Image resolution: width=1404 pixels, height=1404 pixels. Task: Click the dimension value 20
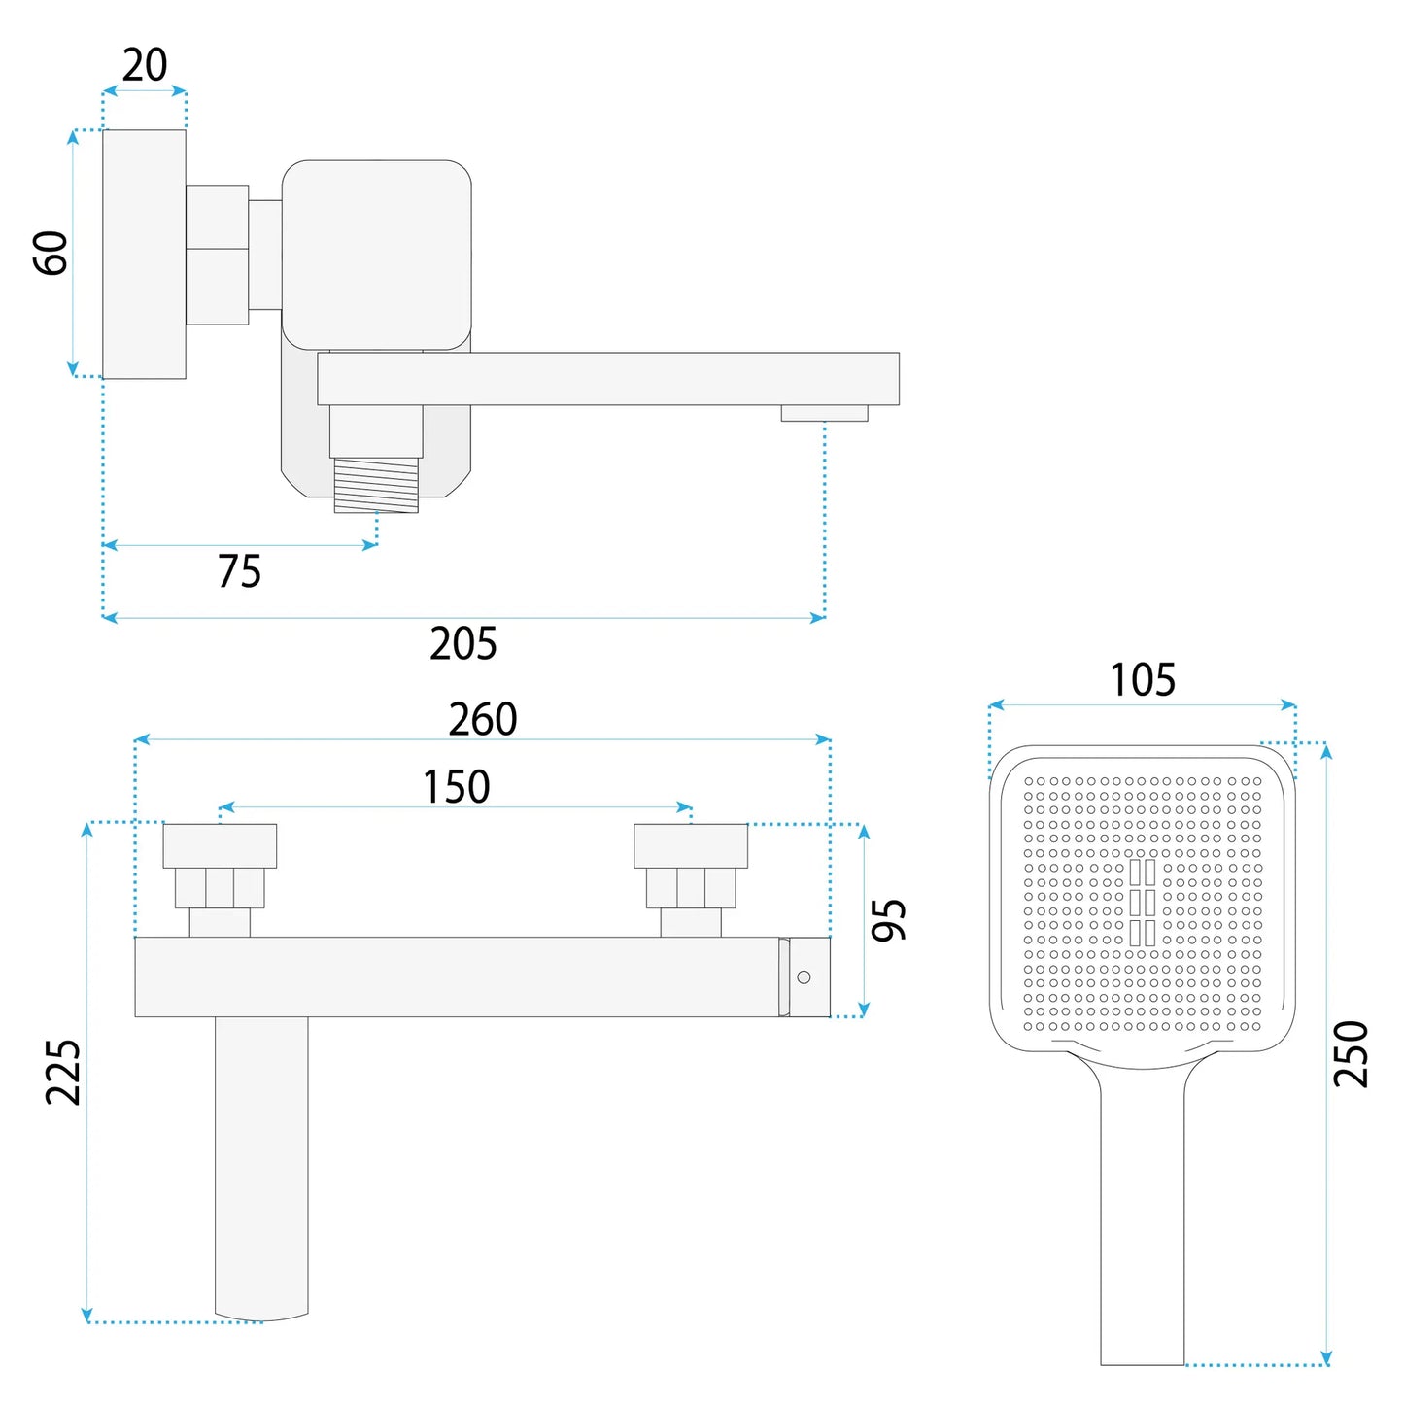point(145,65)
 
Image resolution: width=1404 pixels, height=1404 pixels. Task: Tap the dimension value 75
point(239,571)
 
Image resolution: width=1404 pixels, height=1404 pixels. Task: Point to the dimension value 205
point(463,643)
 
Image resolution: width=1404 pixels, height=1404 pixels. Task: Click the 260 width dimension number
point(483,719)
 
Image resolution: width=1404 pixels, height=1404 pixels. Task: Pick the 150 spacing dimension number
point(457,787)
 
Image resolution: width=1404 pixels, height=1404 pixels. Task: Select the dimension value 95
point(888,919)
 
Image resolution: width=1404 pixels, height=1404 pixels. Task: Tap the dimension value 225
point(63,1072)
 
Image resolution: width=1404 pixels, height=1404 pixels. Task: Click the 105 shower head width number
point(1143,680)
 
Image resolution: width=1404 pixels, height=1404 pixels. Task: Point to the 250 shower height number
point(1351,1054)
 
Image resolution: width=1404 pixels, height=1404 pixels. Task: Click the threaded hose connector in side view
point(376,486)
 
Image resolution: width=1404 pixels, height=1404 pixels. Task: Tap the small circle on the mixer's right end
point(804,977)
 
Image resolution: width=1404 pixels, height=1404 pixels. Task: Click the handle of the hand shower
point(1143,1215)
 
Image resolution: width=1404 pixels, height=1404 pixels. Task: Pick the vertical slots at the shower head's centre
point(1143,902)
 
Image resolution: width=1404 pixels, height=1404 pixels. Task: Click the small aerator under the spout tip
point(824,413)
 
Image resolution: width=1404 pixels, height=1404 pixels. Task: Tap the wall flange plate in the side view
point(144,254)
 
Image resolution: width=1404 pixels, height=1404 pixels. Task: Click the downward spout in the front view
point(261,1166)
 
